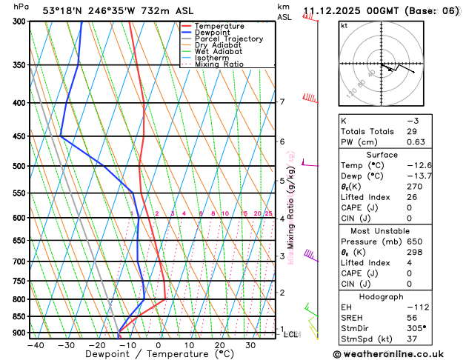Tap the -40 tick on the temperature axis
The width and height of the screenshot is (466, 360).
click(x=33, y=345)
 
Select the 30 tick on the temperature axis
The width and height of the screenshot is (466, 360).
click(x=250, y=345)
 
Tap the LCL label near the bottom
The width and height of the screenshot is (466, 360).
click(x=291, y=334)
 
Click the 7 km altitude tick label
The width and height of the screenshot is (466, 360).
click(x=282, y=101)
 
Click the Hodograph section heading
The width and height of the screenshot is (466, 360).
click(x=398, y=296)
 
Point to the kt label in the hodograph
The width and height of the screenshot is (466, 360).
click(x=344, y=26)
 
